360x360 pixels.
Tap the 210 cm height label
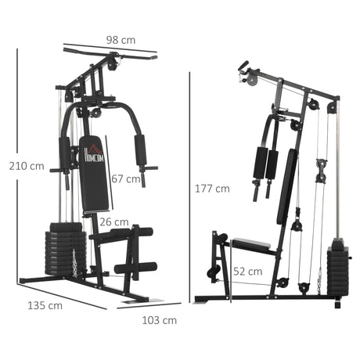26,166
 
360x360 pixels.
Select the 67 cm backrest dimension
125,178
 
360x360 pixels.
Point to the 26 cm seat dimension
113,221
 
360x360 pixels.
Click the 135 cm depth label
45,305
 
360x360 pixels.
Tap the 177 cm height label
212,188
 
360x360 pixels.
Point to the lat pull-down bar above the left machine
110,53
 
